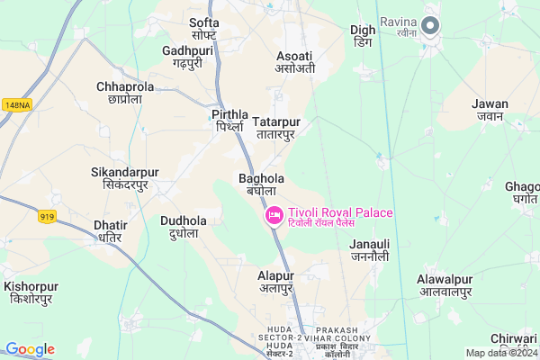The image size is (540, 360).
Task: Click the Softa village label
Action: coord(204,28)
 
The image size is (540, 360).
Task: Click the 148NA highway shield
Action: coord(16,105)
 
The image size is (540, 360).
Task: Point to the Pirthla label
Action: coord(230,121)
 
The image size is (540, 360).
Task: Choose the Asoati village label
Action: coord(295,61)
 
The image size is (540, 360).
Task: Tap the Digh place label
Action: coord(363,36)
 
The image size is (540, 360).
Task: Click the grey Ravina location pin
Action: coord(430,26)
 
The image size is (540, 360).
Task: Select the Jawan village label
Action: coord(490,110)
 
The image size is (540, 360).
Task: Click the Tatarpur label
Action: coord(276,128)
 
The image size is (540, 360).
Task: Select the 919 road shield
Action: coord(49,215)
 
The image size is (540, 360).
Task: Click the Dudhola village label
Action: coord(184,227)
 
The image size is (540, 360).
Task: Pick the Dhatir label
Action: coord(110,231)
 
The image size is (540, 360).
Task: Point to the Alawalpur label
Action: coord(445,285)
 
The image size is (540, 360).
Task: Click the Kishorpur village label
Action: coord(41,292)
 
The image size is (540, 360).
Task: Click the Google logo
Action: coord(29,349)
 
